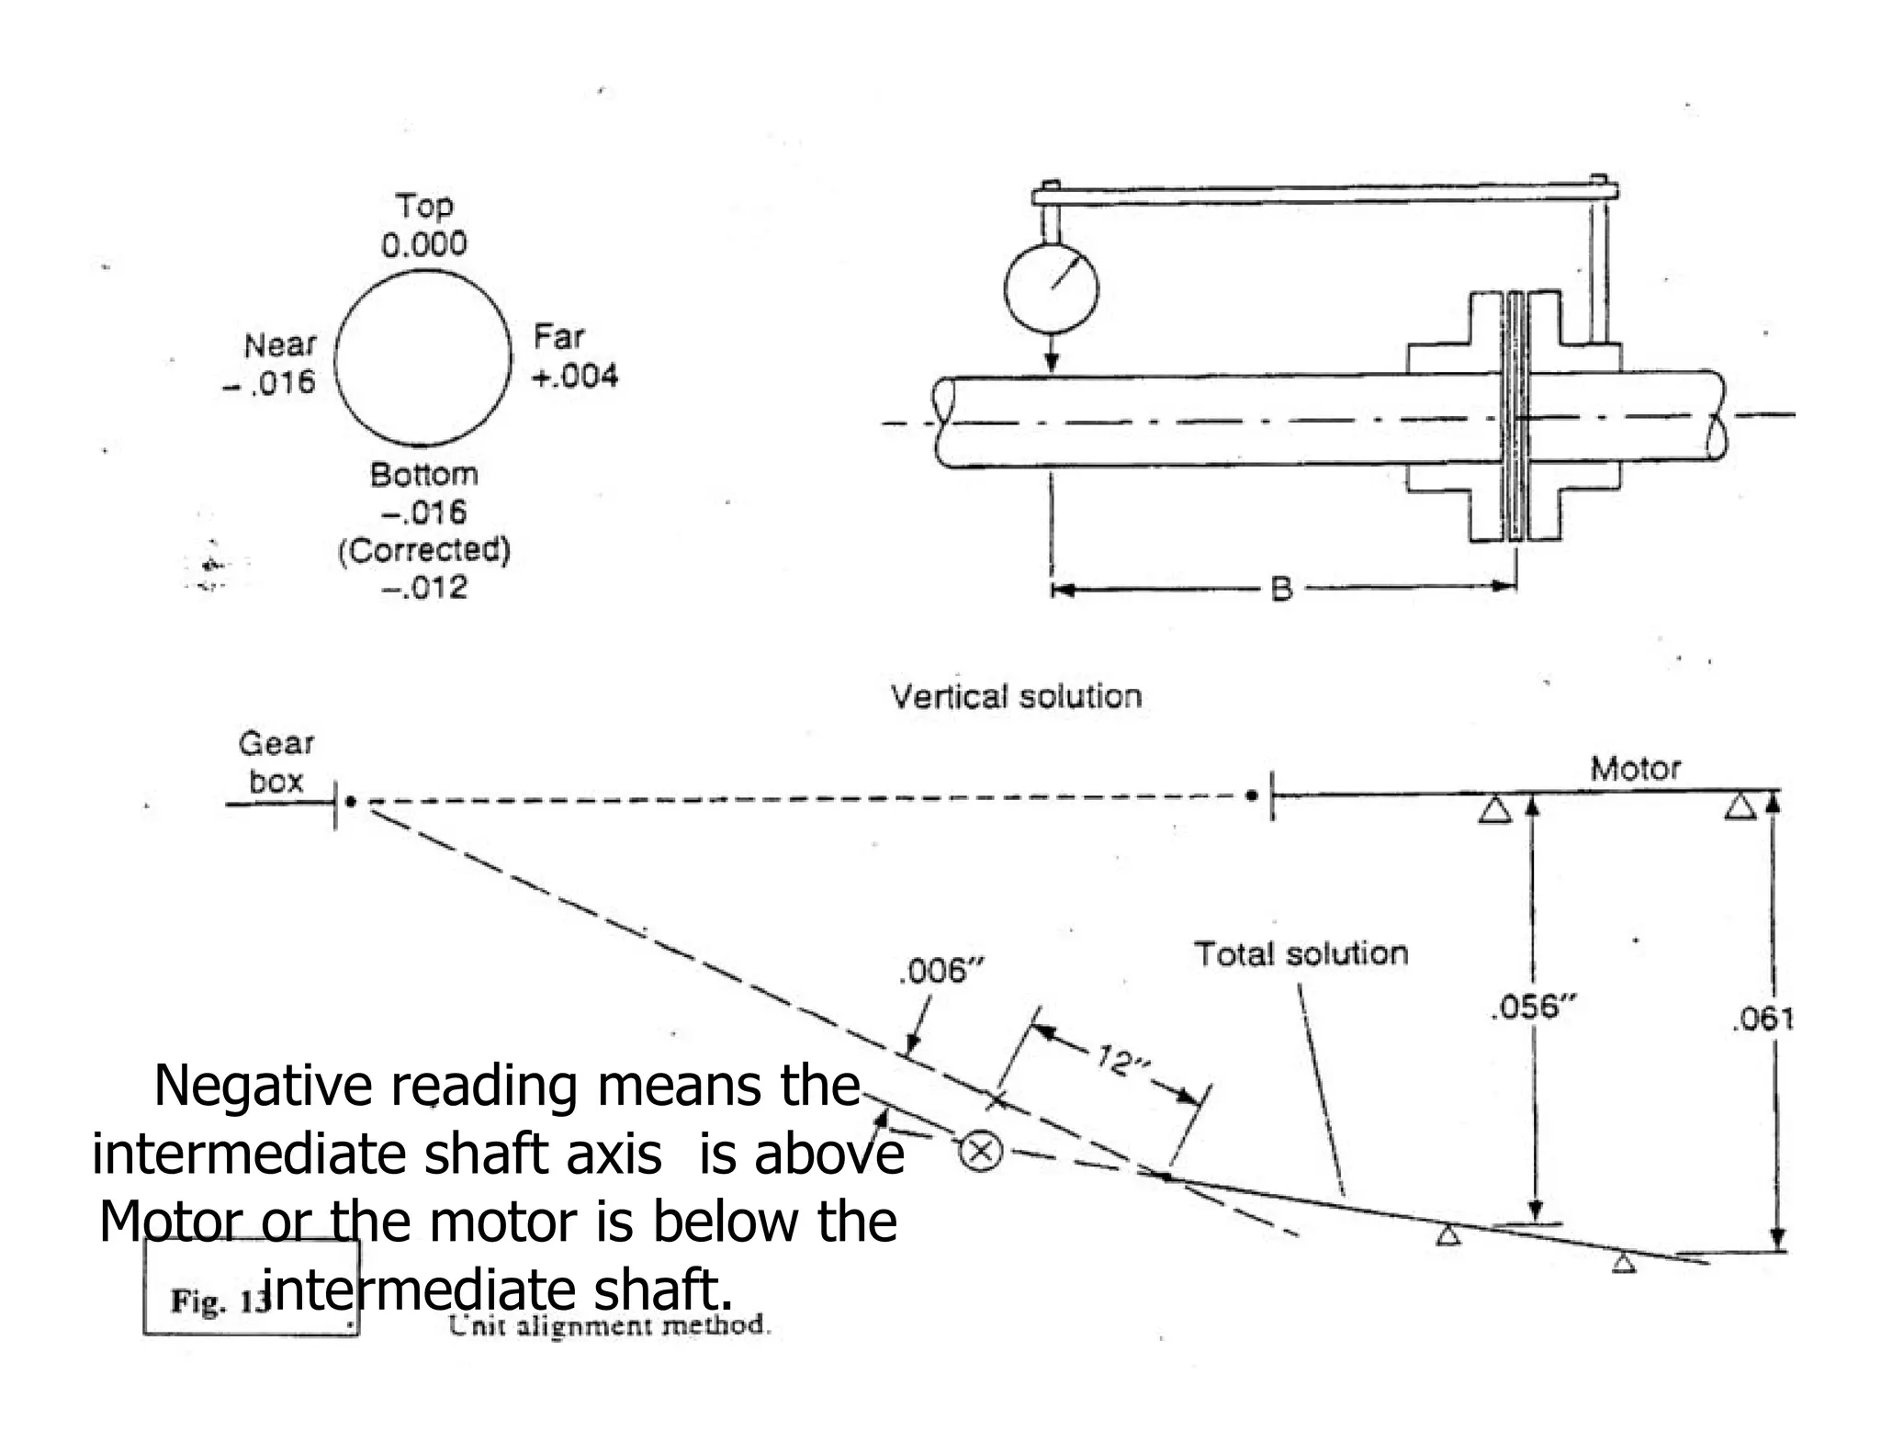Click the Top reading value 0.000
tap(423, 243)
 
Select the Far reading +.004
tap(575, 376)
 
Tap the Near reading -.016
tap(269, 382)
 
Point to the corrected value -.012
tap(424, 587)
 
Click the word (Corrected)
tap(423, 550)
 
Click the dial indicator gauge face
tap(1051, 288)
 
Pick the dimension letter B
tap(1281, 589)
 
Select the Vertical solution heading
tap(1016, 696)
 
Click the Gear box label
tap(276, 762)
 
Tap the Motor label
tap(1635, 768)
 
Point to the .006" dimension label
tap(940, 971)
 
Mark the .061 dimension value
tap(1762, 1019)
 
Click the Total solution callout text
tap(1301, 953)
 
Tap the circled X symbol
tap(980, 1151)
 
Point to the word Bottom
tap(424, 475)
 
